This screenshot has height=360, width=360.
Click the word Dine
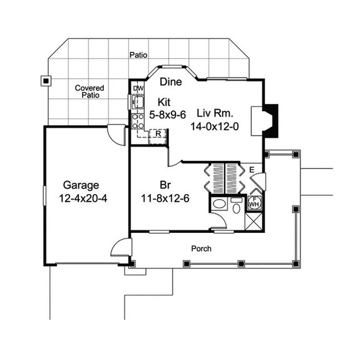[x=170, y=82]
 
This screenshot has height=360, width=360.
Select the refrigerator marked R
[x=159, y=133]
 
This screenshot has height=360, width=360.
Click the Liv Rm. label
[x=215, y=113]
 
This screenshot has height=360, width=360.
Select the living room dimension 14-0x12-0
[x=215, y=126]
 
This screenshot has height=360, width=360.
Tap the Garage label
[x=81, y=185]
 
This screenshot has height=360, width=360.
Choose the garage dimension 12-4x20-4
[x=81, y=198]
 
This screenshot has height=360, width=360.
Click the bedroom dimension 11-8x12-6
[x=165, y=198]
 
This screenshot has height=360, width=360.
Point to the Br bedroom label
[x=165, y=185]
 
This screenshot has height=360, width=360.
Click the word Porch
[x=202, y=249]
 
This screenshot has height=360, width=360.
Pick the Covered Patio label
[x=89, y=92]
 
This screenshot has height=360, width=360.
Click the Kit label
[x=164, y=102]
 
